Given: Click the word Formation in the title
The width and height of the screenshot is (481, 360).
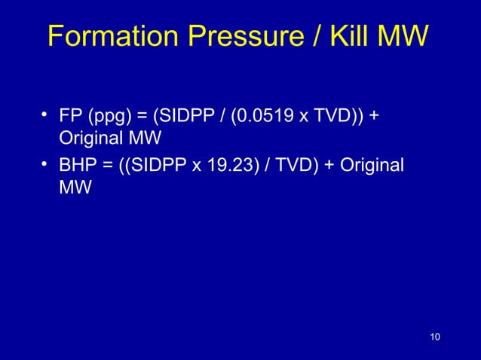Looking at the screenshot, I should [x=109, y=35].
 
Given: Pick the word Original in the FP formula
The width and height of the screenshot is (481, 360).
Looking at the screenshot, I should [x=88, y=140].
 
